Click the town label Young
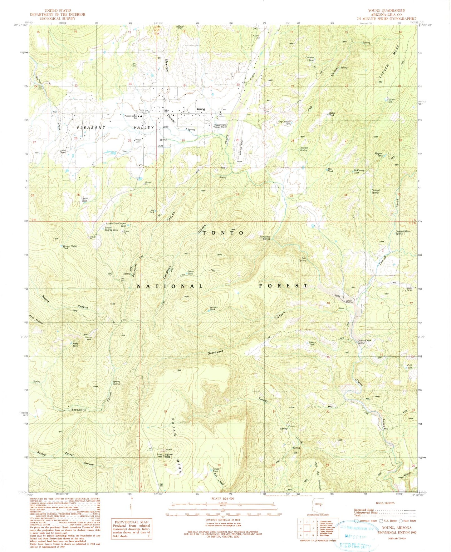(201, 109)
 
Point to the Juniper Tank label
(212, 308)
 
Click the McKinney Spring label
(264, 238)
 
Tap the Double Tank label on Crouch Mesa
(391, 101)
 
